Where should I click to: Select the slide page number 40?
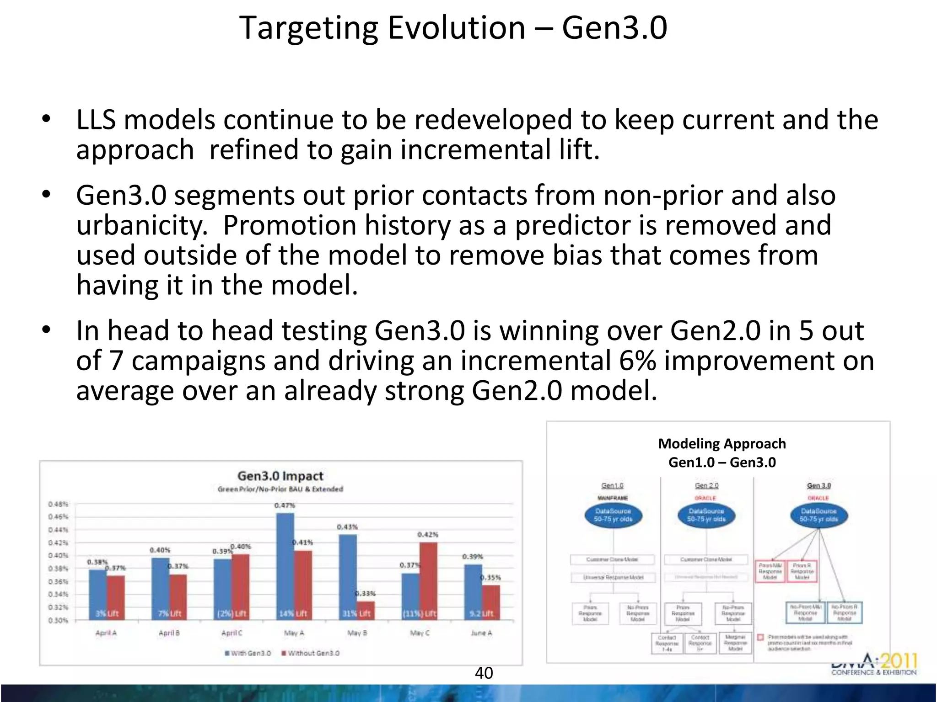pyautogui.click(x=484, y=673)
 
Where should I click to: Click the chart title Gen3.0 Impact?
pyautogui.click(x=280, y=476)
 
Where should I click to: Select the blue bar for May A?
pyautogui.click(x=285, y=566)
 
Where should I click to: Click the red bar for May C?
pyautogui.click(x=428, y=581)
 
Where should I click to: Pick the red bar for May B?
pyautogui.click(x=366, y=611)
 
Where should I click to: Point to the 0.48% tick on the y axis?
pyautogui.click(x=58, y=504)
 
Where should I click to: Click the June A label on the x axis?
pyautogui.click(x=481, y=633)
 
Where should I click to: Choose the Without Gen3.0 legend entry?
pyautogui.click(x=311, y=653)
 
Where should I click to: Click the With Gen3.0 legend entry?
pyautogui.click(x=248, y=653)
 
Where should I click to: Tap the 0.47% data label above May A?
pyautogui.click(x=285, y=505)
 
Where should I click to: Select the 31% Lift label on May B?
pyautogui.click(x=356, y=613)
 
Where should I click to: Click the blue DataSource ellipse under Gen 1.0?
pyautogui.click(x=613, y=515)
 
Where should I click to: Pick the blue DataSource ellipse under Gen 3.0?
pyautogui.click(x=819, y=515)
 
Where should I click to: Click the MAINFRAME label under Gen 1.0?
pyautogui.click(x=613, y=498)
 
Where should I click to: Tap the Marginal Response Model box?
pyautogui.click(x=735, y=643)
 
